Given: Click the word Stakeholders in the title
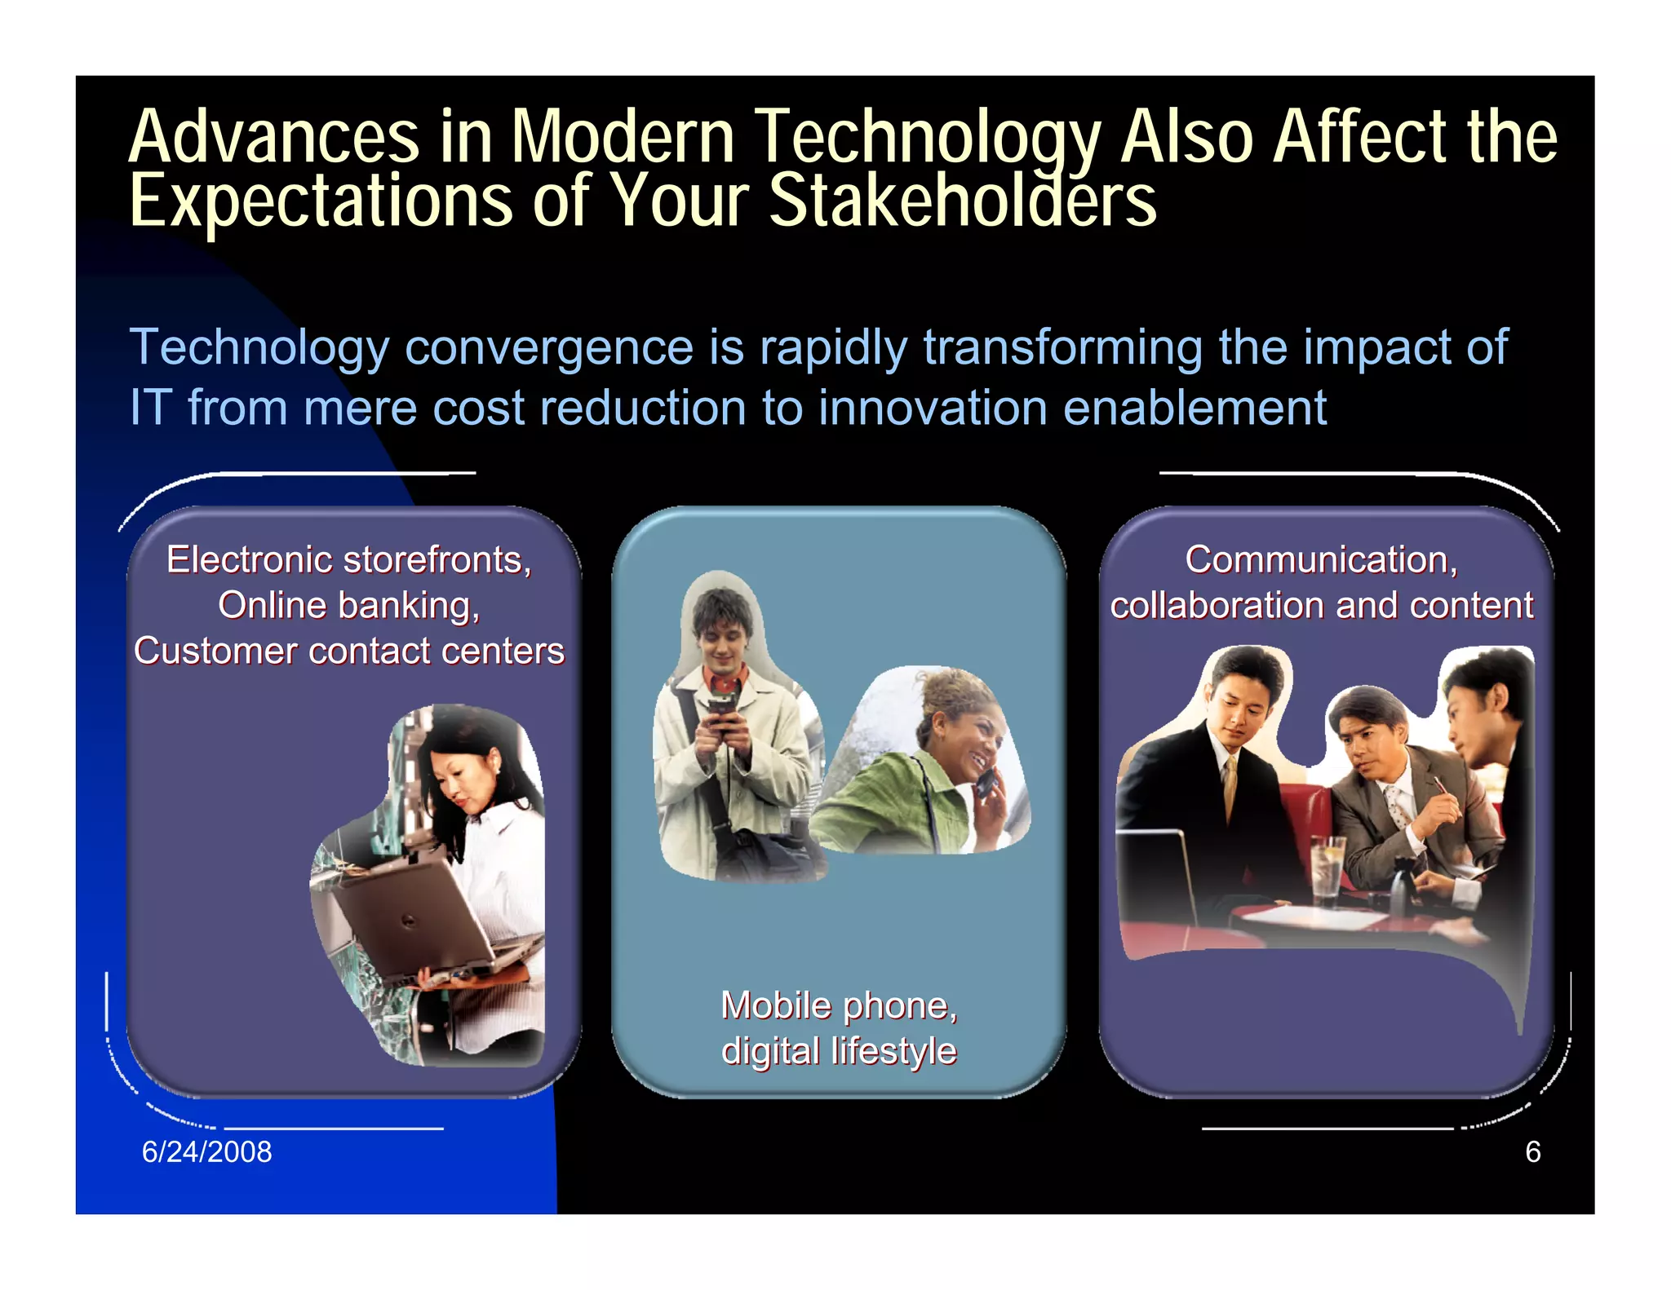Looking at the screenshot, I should coord(963,200).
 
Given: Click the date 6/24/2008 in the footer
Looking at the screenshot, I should coord(206,1151).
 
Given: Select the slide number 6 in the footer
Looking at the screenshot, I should coord(1532,1151).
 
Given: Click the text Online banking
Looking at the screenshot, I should coord(348,605).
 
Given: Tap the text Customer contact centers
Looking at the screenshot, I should coord(348,651).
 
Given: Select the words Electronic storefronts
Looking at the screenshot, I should coord(348,559).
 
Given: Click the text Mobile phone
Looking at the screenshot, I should coord(839,1005).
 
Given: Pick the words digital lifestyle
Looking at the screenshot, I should coord(839,1050).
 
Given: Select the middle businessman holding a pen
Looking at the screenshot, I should coord(1395,783).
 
